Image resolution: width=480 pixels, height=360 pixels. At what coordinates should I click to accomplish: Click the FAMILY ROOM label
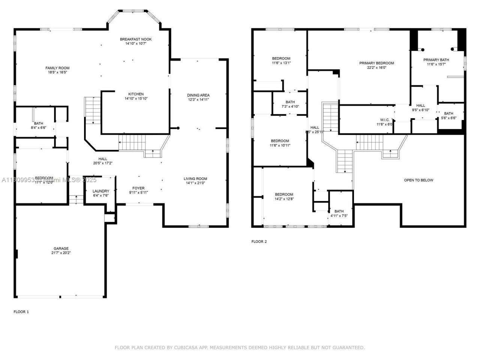(x=57, y=68)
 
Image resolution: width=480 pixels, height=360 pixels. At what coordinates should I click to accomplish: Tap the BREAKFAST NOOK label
(x=136, y=39)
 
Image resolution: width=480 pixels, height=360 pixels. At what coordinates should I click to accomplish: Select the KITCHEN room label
(x=136, y=94)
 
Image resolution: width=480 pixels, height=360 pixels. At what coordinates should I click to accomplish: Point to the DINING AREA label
(x=198, y=95)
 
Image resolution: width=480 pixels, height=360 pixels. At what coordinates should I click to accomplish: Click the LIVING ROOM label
(x=195, y=178)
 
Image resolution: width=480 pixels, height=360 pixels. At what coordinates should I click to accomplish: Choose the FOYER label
(x=138, y=188)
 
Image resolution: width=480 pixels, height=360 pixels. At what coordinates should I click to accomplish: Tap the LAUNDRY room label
(x=100, y=191)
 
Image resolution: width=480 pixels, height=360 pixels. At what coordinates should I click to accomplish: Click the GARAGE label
(x=61, y=249)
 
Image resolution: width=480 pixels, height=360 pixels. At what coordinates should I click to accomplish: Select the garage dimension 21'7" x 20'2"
(x=61, y=253)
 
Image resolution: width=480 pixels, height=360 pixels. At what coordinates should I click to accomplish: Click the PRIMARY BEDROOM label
(x=376, y=63)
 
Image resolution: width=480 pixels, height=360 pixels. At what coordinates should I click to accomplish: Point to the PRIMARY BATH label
(x=436, y=60)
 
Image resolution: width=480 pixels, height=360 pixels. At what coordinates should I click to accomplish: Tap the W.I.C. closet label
(x=384, y=120)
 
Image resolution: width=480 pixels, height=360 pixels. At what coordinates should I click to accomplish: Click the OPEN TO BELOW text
(x=418, y=180)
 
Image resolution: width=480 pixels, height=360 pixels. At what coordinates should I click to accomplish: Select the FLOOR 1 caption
(x=21, y=312)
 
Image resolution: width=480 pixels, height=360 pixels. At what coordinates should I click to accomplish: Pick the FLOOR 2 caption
(x=259, y=241)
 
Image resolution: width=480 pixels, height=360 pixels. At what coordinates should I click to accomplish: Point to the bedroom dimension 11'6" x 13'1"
(x=281, y=63)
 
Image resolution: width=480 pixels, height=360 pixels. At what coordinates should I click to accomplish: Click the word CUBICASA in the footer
(x=186, y=348)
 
